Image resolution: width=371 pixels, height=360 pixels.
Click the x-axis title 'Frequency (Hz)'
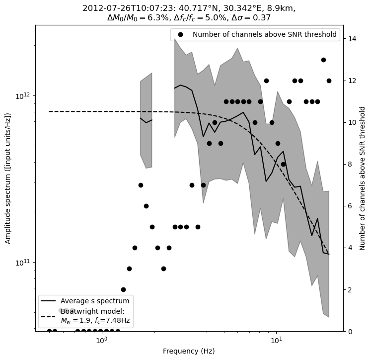point(189,351)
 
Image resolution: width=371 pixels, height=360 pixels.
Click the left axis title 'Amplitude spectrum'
point(8,178)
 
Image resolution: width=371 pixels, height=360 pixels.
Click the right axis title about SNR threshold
point(363,178)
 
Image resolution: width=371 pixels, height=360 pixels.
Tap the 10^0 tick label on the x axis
point(101,341)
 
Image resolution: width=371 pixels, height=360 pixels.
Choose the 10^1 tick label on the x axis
point(276,341)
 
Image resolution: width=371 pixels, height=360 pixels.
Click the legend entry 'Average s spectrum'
point(95,301)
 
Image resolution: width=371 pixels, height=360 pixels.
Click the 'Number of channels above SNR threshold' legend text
point(264,35)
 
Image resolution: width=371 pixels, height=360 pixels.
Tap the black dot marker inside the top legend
point(181,35)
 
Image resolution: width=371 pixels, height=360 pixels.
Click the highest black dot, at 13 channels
point(323,60)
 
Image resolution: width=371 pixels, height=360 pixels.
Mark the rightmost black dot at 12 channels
point(329,81)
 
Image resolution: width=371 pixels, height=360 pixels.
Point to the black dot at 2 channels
point(123,289)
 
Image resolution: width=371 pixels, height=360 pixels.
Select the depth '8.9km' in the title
point(281,8)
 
